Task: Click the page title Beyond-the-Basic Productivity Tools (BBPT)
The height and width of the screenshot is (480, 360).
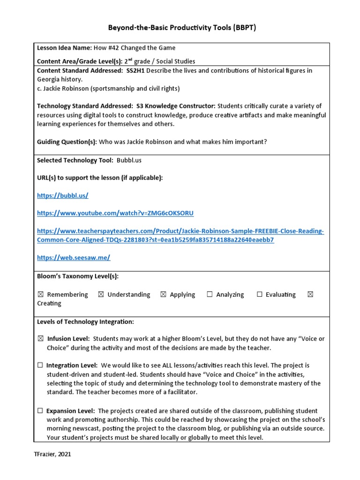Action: pyautogui.click(x=182, y=28)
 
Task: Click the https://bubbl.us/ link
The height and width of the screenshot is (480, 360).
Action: pyautogui.click(x=62, y=195)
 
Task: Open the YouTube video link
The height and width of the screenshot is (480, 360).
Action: pyautogui.click(x=115, y=213)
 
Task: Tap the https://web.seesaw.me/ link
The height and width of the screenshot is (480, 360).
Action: pyautogui.click(x=74, y=257)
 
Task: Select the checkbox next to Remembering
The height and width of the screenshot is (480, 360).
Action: pyautogui.click(x=40, y=294)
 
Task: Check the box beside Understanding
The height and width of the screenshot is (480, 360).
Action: pyautogui.click(x=101, y=294)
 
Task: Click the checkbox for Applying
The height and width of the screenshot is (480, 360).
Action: pyautogui.click(x=163, y=294)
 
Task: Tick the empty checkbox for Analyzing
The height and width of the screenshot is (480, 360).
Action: pyautogui.click(x=210, y=294)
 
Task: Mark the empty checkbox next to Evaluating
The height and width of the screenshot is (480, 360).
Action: pyautogui.click(x=259, y=294)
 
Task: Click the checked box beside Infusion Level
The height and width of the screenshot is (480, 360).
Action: pyautogui.click(x=40, y=338)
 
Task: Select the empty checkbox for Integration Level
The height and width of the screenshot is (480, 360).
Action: pyautogui.click(x=40, y=365)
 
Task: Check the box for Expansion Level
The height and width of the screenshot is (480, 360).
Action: pyautogui.click(x=40, y=411)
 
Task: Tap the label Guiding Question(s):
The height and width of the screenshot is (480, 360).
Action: pyautogui.click(x=67, y=142)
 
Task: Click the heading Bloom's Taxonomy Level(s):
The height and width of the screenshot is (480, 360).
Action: pyautogui.click(x=77, y=277)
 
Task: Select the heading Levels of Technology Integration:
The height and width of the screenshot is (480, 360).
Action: pyautogui.click(x=85, y=322)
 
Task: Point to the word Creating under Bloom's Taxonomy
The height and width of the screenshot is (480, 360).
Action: pyautogui.click(x=49, y=303)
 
